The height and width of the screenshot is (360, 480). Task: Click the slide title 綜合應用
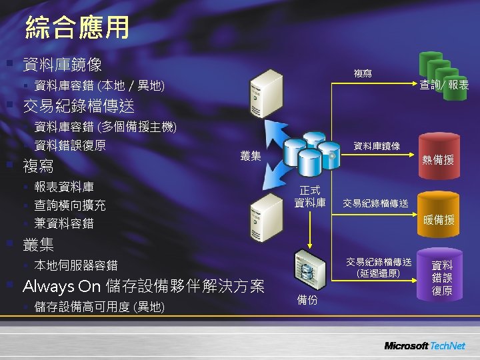77,28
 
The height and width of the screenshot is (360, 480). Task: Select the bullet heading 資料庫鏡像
63,65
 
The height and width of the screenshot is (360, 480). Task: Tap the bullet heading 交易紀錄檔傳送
79,106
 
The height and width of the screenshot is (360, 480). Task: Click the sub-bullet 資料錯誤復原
69,145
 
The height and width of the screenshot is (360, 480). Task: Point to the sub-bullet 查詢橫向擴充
69,205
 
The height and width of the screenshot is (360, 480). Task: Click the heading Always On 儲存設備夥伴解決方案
143,287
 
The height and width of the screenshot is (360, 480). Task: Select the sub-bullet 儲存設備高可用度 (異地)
99,307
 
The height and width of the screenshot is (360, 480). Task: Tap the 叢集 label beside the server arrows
251,155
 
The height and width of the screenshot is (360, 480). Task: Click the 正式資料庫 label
310,197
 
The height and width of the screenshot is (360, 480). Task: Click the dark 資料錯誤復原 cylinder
441,275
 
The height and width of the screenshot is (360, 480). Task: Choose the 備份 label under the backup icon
307,300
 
